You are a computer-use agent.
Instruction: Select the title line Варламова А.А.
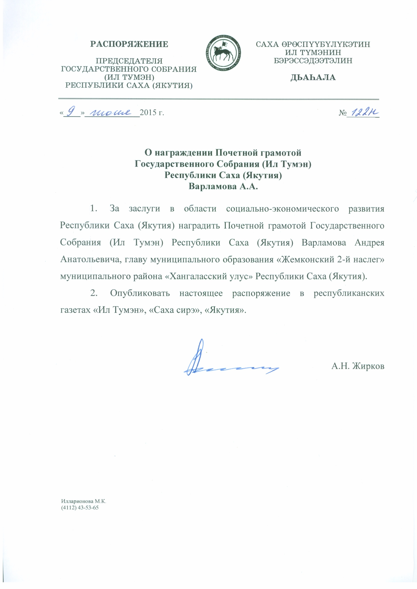223,187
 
